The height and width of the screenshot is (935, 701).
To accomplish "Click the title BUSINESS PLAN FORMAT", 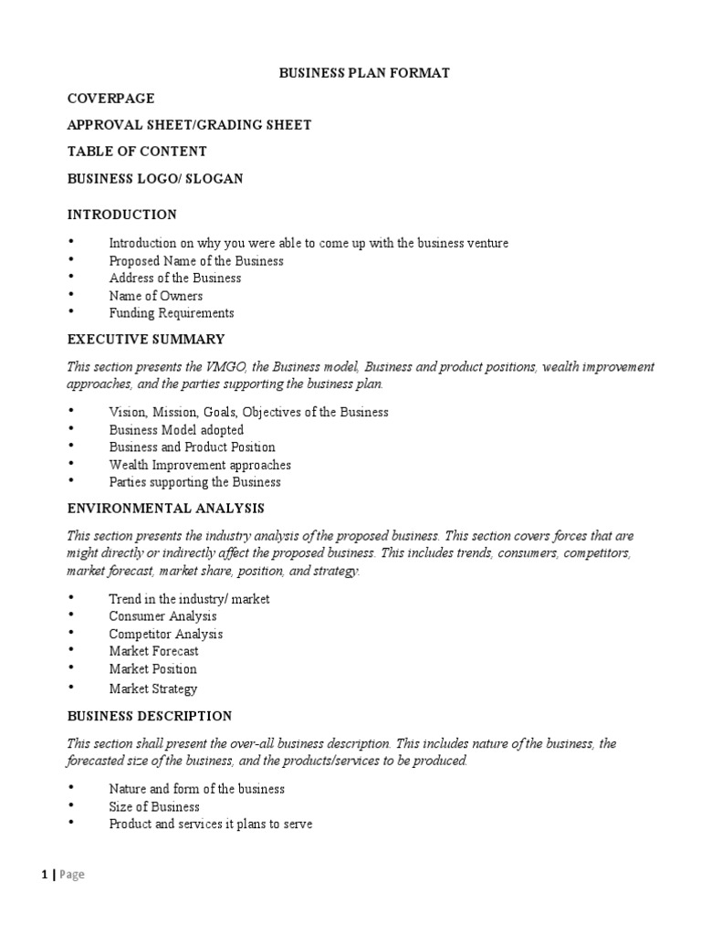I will coord(364,73).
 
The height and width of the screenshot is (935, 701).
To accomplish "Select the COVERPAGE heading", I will coord(110,99).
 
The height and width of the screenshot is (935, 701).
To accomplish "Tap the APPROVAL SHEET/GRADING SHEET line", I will coord(190,125).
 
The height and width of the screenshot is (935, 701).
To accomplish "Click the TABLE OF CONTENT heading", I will coord(137,152).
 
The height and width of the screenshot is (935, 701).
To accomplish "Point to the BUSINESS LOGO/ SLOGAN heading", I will coord(155,178).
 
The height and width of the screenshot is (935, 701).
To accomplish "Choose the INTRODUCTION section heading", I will coord(122,215).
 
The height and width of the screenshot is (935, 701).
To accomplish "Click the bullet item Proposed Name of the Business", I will coord(196,260).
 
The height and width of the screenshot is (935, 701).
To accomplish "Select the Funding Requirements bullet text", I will coord(172,313).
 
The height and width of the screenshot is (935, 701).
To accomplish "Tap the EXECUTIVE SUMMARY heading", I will coord(146,340).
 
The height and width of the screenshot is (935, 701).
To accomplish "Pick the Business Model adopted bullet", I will coord(176,429).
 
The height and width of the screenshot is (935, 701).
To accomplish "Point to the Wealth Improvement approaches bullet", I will coord(201,465).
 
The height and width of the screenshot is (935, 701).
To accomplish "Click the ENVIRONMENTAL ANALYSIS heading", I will coord(166,508).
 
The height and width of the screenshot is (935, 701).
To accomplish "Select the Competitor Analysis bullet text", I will coord(166,634).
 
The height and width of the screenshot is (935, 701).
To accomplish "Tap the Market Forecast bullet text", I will coord(154,651).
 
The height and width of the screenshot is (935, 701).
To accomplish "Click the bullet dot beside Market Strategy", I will coord(71,687).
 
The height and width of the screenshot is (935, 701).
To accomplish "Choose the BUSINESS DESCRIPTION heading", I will coord(150,716).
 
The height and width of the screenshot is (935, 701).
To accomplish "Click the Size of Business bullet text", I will coord(154,806).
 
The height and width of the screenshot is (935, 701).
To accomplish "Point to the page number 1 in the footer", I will coord(45,875).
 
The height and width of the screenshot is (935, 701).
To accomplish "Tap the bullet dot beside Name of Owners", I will coord(71,294).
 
